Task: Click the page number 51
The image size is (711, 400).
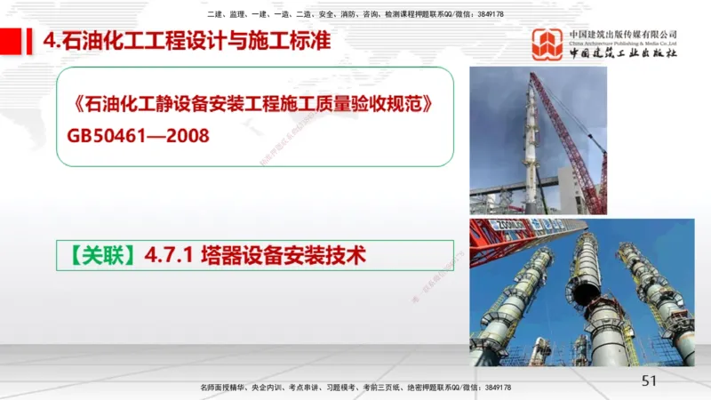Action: click(648, 380)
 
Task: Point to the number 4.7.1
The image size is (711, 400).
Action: click(169, 256)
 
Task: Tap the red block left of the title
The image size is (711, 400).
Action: click(11, 41)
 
